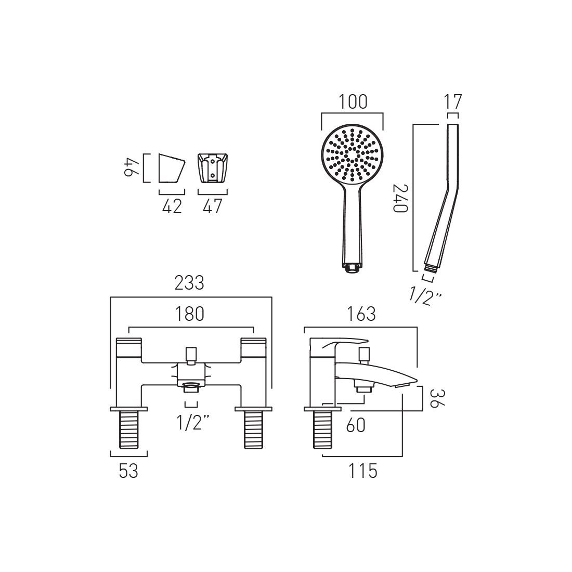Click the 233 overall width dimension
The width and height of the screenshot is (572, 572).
(189, 283)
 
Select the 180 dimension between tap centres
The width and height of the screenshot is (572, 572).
(190, 314)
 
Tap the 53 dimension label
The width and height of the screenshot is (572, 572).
(129, 471)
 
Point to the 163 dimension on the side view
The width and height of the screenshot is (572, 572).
(361, 314)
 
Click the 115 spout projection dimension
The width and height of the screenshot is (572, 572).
(362, 471)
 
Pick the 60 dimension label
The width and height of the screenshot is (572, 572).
(356, 425)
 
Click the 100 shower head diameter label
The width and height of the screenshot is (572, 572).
(353, 102)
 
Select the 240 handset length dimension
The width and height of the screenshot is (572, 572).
(400, 198)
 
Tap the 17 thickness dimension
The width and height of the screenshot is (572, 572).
(453, 101)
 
